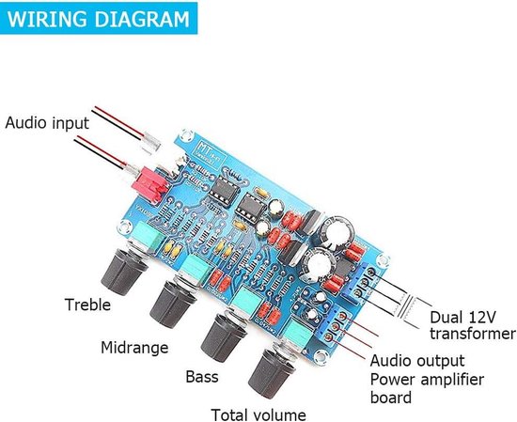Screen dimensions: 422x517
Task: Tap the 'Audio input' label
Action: click(47, 123)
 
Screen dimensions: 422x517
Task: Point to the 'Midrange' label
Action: click(134, 347)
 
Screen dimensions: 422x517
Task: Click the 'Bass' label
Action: click(198, 379)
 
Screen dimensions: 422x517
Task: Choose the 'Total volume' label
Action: click(258, 413)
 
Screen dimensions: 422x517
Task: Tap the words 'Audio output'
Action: click(417, 361)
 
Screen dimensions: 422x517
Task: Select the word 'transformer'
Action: click(472, 335)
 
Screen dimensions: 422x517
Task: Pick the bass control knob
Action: click(229, 336)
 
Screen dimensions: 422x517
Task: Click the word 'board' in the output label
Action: click(391, 398)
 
